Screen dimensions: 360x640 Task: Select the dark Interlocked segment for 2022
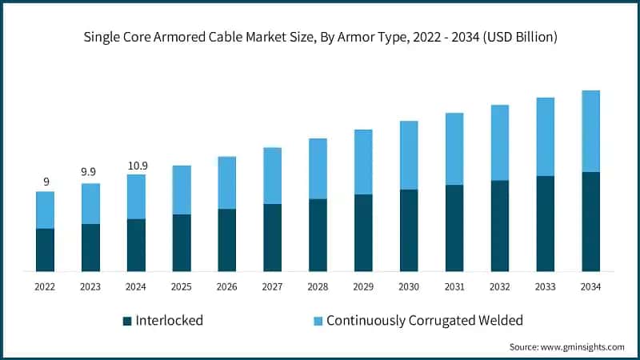(x=46, y=250)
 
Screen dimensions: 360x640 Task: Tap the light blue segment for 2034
(x=591, y=131)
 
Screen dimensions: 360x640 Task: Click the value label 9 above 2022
(x=46, y=182)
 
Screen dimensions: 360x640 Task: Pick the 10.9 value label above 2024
(x=137, y=165)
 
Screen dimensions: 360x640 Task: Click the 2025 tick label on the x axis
(x=182, y=286)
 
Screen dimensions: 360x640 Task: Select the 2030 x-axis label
(x=409, y=286)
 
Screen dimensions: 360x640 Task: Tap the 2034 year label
(x=591, y=286)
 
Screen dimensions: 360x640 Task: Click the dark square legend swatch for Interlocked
(x=127, y=321)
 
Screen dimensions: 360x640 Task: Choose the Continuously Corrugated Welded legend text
(x=425, y=321)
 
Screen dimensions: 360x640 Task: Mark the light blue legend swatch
(x=318, y=321)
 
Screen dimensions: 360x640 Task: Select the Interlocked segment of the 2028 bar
(x=318, y=235)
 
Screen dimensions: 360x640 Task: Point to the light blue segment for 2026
(x=227, y=182)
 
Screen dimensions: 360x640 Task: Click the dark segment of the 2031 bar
(x=454, y=228)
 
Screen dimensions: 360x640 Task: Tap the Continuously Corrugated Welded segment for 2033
(x=546, y=137)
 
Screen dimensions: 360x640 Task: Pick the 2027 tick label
(x=273, y=286)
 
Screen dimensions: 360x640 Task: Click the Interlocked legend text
(x=170, y=321)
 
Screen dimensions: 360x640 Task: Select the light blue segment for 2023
(x=91, y=203)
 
